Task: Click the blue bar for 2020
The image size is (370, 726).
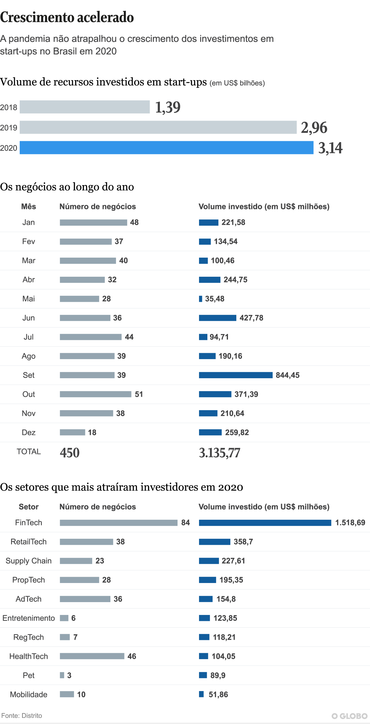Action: click(x=166, y=148)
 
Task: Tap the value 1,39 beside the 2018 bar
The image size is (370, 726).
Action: click(x=168, y=107)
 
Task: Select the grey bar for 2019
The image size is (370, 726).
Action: click(x=158, y=127)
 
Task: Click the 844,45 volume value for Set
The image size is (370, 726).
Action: click(x=287, y=375)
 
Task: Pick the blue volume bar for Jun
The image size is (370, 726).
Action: click(x=218, y=318)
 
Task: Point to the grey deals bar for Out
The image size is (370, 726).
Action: click(x=95, y=394)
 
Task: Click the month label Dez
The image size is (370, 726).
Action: click(x=29, y=433)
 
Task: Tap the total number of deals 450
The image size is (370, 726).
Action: click(x=70, y=453)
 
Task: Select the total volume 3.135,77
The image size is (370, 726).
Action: click(x=219, y=453)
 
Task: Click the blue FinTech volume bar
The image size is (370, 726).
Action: click(x=265, y=523)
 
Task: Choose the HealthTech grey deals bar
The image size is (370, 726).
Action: click(x=92, y=656)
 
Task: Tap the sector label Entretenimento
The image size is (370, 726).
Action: click(x=29, y=618)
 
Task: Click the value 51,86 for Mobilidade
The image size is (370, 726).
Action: click(x=218, y=695)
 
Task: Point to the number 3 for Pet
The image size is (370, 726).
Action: click(x=69, y=676)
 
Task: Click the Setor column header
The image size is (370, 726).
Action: click(x=29, y=507)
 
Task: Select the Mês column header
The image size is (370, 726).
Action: click(x=29, y=207)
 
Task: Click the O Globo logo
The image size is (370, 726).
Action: click(x=349, y=716)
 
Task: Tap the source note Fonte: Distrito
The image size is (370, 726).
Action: click(x=22, y=716)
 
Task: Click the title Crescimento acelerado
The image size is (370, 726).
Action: click(x=67, y=17)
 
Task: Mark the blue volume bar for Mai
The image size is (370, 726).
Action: click(x=201, y=299)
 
